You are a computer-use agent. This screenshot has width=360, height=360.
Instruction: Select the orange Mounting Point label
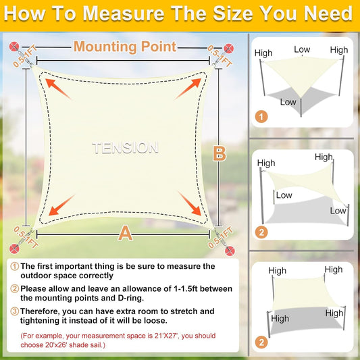(125, 47)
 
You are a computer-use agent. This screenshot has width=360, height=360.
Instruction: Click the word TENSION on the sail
(126, 147)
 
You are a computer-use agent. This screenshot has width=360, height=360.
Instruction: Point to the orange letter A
(124, 234)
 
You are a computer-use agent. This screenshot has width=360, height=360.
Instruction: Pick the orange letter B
(219, 153)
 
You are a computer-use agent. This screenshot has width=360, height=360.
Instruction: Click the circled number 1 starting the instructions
(14, 266)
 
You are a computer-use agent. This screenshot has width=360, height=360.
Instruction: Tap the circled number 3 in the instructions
(14, 311)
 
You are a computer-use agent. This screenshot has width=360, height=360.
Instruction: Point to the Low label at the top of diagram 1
(302, 50)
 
